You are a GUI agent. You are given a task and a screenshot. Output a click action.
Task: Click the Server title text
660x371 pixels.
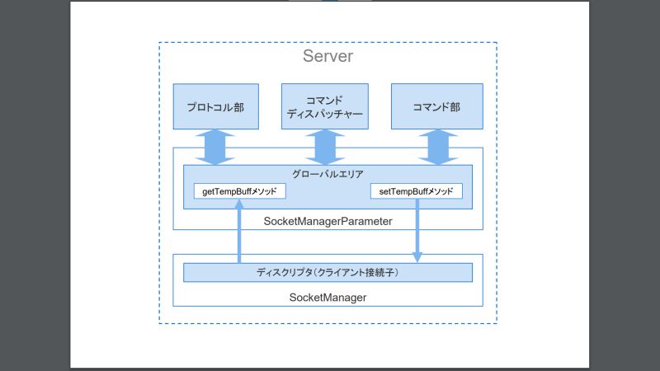point(328,57)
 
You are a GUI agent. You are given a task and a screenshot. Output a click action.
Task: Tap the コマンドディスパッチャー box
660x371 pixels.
point(323,106)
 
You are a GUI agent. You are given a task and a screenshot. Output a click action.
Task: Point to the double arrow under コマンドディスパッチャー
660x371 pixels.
point(323,147)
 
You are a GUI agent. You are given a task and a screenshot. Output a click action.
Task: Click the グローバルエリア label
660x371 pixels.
point(328,174)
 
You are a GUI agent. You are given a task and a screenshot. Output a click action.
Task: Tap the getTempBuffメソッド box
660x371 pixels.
point(239,191)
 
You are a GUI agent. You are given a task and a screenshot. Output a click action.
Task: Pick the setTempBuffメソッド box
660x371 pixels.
point(416,191)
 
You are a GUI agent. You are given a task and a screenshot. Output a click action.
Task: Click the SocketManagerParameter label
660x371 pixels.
point(328,221)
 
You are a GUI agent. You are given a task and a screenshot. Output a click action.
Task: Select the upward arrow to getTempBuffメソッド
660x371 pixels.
point(239,235)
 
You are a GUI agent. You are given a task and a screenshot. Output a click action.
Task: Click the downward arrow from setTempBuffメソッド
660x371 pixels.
point(417,231)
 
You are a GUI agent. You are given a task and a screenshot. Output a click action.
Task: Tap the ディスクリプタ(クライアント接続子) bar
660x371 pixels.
point(328,272)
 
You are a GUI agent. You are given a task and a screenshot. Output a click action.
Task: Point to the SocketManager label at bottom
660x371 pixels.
point(328,296)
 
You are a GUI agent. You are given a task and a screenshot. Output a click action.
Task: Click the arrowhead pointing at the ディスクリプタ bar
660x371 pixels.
point(417,258)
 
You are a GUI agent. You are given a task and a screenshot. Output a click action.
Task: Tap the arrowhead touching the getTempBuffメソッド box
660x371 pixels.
point(239,204)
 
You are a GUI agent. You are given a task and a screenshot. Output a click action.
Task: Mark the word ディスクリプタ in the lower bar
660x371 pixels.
point(285,272)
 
